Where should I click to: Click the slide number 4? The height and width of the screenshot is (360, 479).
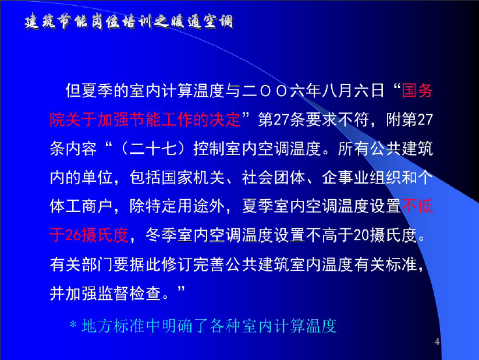437,341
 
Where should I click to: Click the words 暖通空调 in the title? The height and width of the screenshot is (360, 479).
201,22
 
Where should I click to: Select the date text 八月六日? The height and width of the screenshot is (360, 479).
354,91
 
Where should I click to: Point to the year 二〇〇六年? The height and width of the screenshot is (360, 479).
274,91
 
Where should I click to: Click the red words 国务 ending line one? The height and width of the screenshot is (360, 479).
417,91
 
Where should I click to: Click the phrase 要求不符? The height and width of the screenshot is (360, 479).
336,119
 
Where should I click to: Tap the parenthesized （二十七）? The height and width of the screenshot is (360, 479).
153,149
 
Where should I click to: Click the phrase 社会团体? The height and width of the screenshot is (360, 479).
274,178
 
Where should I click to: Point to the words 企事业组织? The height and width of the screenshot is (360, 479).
361,178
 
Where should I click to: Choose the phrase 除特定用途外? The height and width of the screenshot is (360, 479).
177,206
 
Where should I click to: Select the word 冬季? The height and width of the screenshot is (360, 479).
161,235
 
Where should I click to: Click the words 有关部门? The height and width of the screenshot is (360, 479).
81,264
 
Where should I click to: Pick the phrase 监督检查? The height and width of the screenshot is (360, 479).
129,293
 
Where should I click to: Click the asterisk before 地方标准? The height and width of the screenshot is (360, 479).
73,324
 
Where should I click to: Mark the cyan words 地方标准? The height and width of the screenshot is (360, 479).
113,326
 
